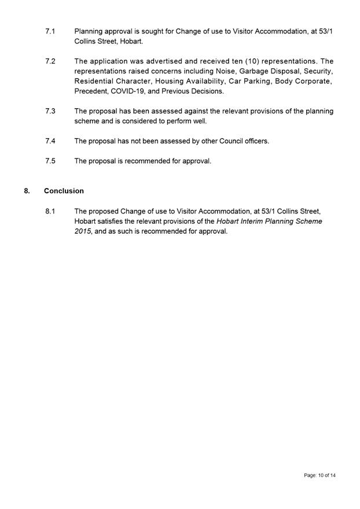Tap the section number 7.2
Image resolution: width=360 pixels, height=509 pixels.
[50, 61]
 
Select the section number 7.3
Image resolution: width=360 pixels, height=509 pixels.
[50, 111]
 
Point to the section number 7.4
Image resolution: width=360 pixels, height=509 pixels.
[50, 141]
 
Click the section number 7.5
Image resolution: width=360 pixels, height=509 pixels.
[50, 161]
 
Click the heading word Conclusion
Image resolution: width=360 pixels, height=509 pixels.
[64, 191]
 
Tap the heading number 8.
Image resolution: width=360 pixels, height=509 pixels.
[27, 191]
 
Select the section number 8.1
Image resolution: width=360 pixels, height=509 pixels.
[50, 211]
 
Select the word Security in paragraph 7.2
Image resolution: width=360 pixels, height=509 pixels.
[318, 71]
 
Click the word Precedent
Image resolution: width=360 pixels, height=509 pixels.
[90, 91]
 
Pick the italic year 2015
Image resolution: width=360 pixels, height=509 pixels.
[83, 231]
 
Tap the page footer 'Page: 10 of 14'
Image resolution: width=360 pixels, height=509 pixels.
[319, 475]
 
